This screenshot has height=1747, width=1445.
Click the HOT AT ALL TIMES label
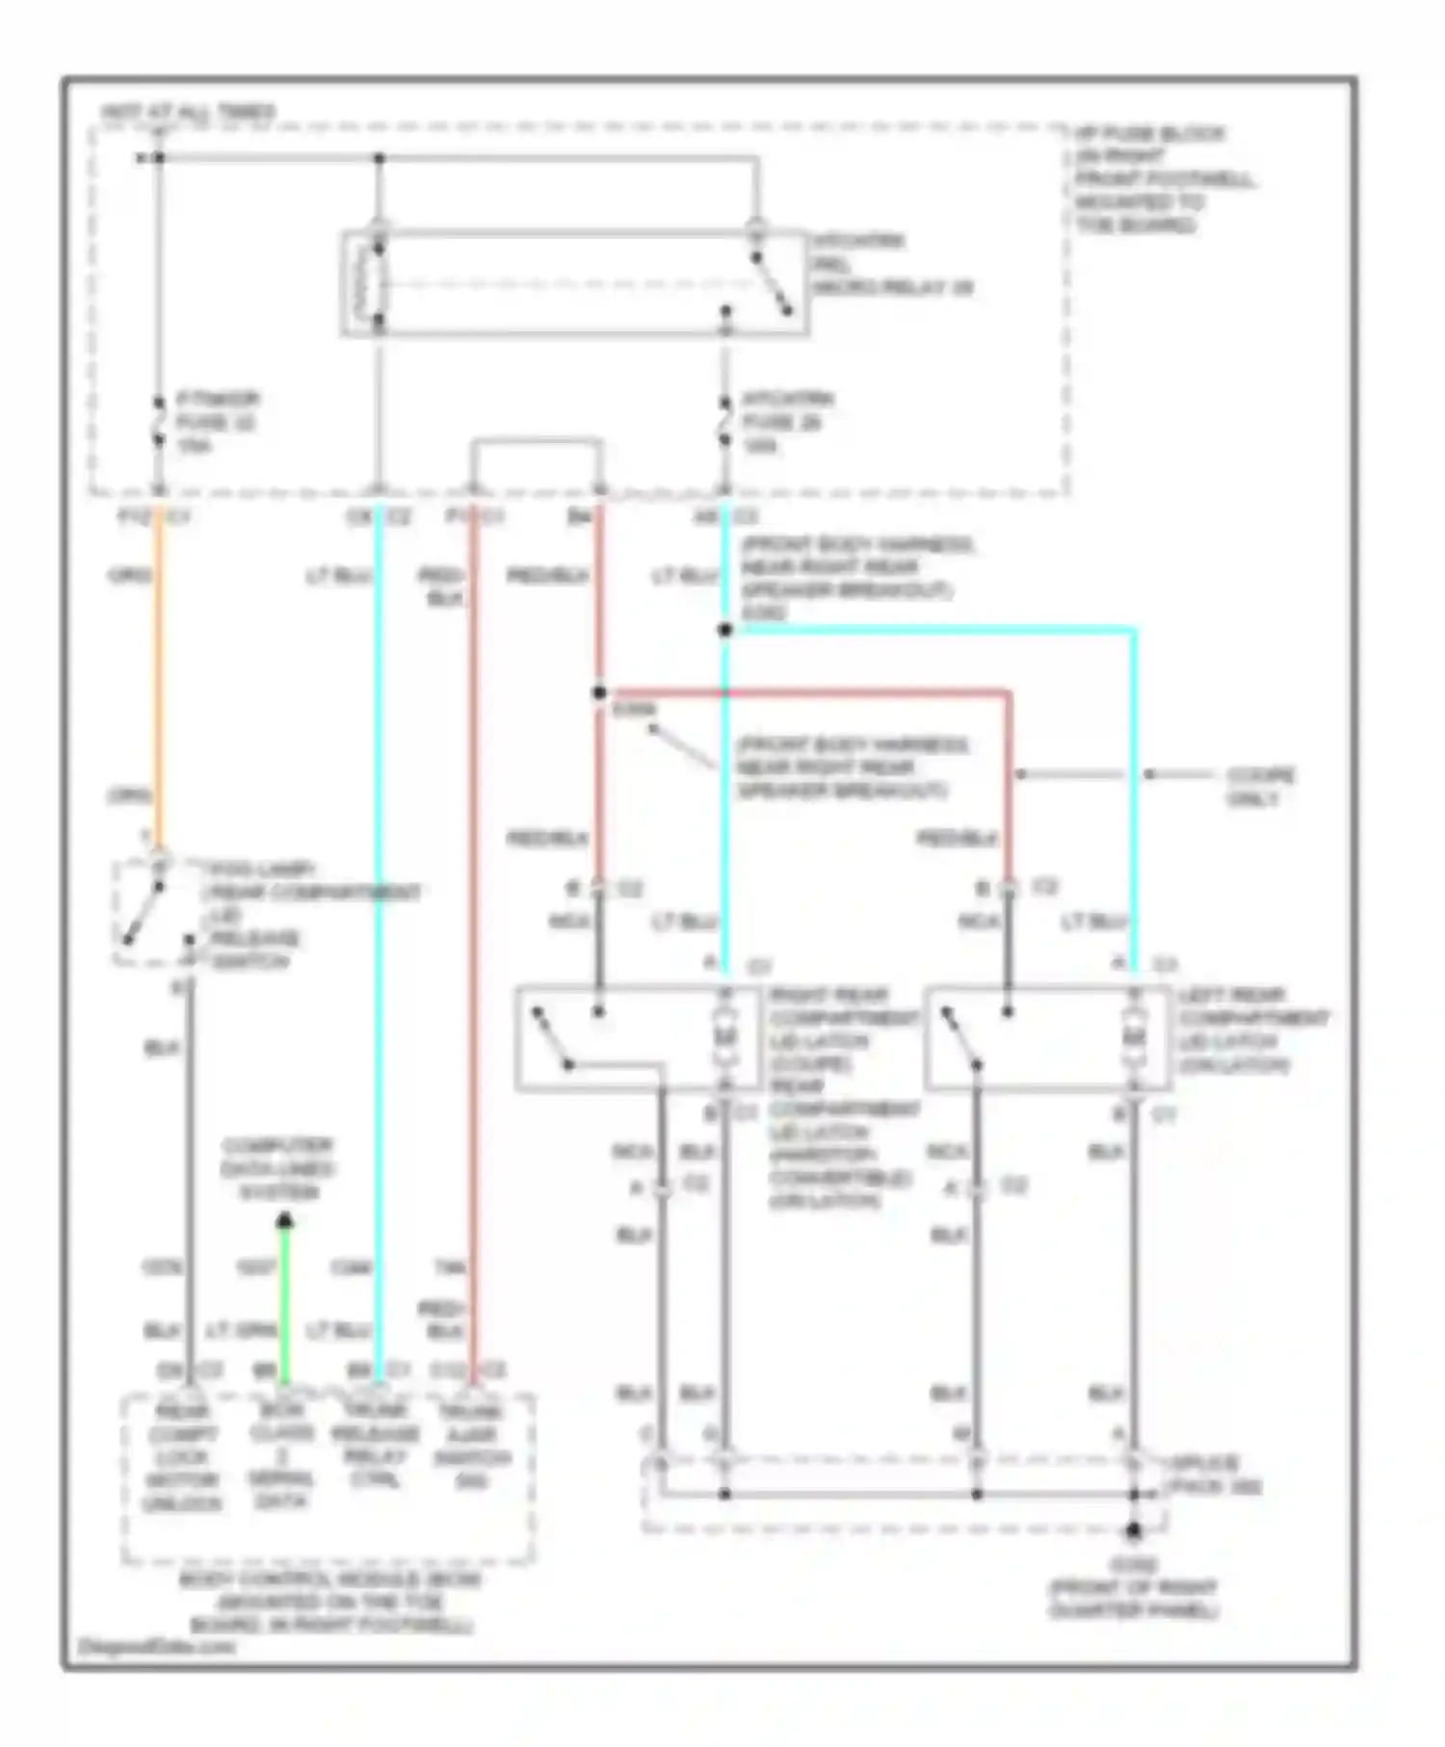tap(188, 113)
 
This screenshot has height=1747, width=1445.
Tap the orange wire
tap(159, 674)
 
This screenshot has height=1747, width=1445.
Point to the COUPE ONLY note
tap(1260, 787)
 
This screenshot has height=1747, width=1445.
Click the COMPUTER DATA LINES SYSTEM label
tap(277, 1168)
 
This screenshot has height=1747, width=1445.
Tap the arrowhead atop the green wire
tap(284, 1222)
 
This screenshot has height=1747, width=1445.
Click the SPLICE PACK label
tap(1214, 1474)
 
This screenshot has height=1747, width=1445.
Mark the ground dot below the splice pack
tap(1134, 1530)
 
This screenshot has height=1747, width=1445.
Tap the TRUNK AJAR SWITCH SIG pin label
tap(471, 1446)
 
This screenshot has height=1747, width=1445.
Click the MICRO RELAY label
tap(891, 264)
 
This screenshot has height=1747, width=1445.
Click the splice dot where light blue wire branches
tap(724, 630)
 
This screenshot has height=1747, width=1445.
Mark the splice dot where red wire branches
tap(599, 692)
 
